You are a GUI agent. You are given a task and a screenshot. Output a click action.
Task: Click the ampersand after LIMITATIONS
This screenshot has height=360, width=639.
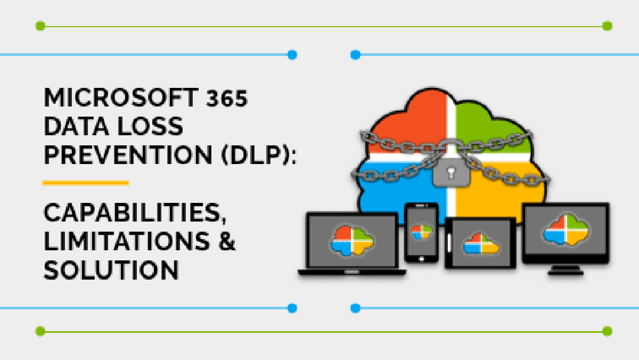[225, 242]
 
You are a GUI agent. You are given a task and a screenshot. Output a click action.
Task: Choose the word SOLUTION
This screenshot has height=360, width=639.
[111, 270]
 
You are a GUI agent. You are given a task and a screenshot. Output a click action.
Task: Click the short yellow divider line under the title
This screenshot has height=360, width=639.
[85, 183]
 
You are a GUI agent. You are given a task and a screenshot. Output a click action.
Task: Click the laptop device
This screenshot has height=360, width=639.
[352, 242]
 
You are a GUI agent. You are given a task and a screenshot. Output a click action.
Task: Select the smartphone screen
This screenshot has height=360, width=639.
[421, 232]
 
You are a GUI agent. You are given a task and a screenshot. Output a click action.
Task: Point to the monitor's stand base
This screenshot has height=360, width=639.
[566, 272]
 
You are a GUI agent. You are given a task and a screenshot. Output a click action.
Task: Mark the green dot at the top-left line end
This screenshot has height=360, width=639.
[40, 26]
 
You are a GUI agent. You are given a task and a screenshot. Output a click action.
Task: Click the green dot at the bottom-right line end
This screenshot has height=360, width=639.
[607, 331]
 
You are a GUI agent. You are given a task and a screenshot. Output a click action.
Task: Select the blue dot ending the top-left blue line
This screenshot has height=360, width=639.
[292, 54]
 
